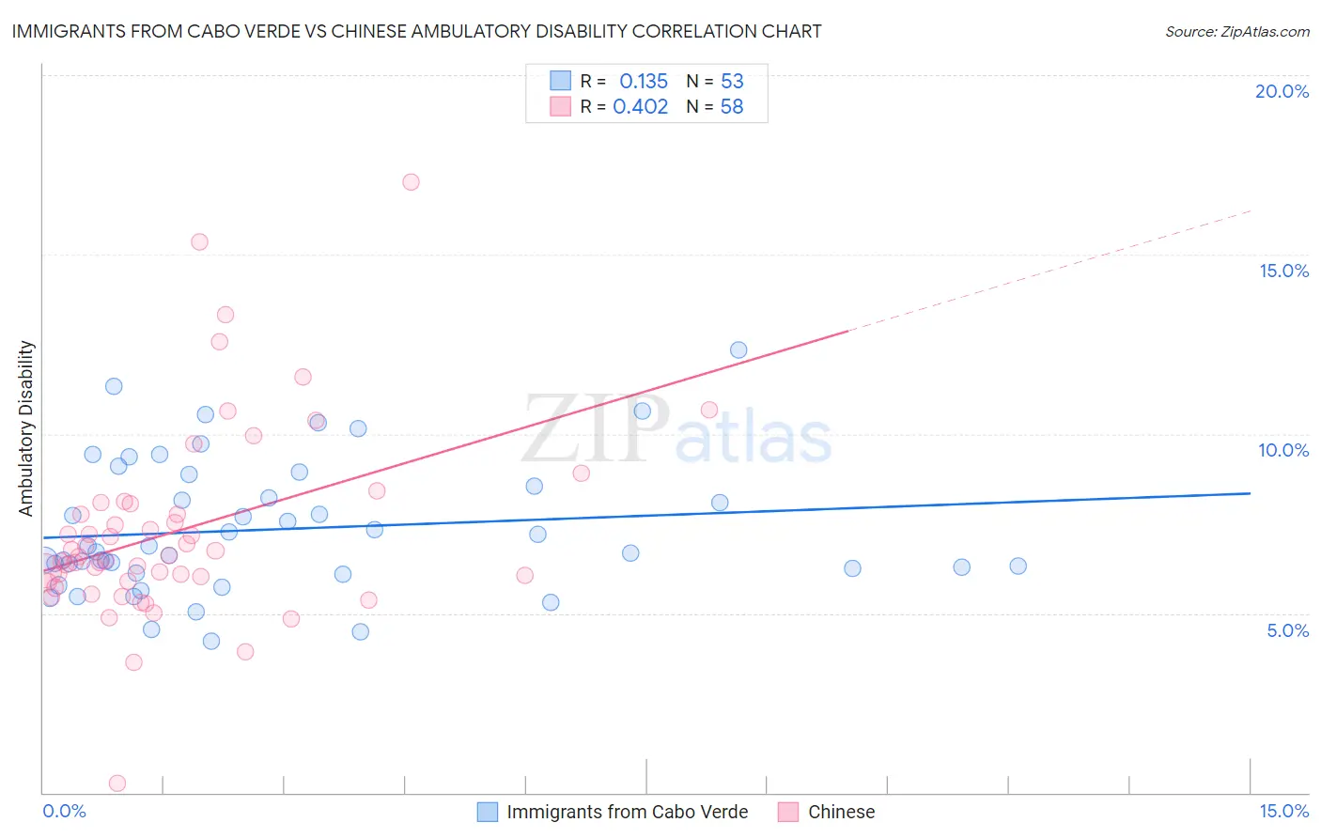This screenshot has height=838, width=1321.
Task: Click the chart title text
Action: (416, 32)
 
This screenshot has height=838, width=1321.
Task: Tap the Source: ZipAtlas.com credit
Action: (1236, 32)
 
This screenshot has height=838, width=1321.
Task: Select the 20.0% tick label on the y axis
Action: (1282, 91)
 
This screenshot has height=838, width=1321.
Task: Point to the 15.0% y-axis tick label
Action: (1283, 271)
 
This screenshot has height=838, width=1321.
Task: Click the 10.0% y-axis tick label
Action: (1283, 450)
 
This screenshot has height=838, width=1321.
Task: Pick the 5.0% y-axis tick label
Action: (1287, 630)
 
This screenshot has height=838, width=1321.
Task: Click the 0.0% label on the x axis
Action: (64, 812)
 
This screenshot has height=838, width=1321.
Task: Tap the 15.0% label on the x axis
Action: (1283, 812)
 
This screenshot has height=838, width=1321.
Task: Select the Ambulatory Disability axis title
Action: (26, 428)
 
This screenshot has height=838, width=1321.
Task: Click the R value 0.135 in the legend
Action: (643, 82)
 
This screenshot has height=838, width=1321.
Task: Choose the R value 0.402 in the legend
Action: (640, 107)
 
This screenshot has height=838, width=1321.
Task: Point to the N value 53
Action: (732, 82)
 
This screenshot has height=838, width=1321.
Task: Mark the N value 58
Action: (732, 107)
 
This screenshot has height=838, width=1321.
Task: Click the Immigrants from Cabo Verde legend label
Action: (627, 812)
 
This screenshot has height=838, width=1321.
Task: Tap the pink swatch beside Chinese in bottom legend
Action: (788, 812)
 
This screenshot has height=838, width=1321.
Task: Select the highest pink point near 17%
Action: (411, 182)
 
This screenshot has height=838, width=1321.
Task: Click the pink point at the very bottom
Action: (117, 784)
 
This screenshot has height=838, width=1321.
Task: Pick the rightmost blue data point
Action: (1018, 566)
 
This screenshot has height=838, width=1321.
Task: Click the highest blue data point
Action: (738, 350)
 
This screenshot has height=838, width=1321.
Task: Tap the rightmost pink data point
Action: (709, 410)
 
